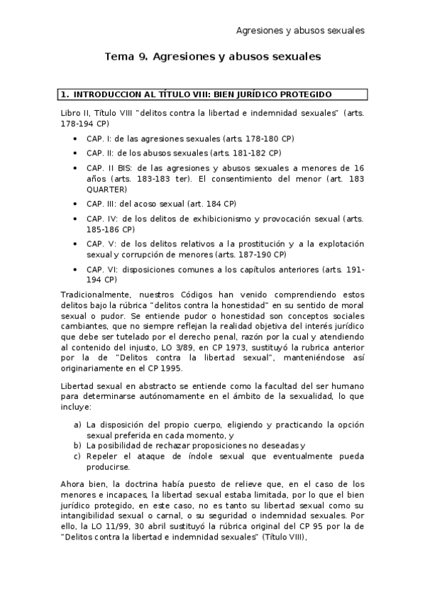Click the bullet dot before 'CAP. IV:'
click(76, 220)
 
